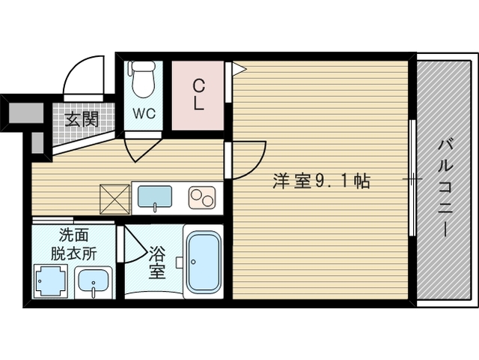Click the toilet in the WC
pos(143,79)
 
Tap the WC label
pos(144,113)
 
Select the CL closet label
pos(198,95)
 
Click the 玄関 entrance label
pos(82,119)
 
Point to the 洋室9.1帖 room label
pos(321,181)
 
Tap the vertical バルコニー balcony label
pos(445,187)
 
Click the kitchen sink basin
pos(155,196)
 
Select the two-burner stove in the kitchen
pos(202,198)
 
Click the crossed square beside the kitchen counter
pos(115,199)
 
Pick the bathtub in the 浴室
pos(204,262)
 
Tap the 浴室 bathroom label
pos(157,262)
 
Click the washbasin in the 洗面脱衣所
pos(94,282)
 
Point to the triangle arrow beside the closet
pos(239,69)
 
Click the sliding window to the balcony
pos(412,178)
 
